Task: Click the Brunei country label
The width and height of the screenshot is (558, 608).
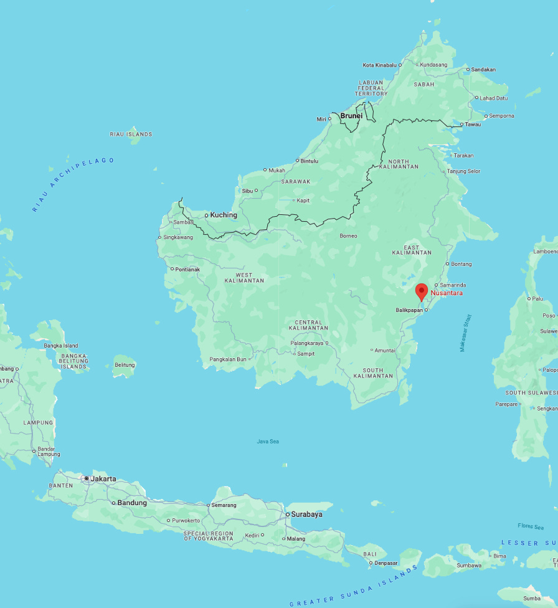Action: coord(351,115)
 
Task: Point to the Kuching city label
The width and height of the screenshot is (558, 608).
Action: coord(224,215)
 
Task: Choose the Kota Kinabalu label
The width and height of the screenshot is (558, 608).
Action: coord(379,65)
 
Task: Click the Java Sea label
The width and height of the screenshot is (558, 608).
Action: coord(268,442)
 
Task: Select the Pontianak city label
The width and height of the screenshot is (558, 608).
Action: coord(187,269)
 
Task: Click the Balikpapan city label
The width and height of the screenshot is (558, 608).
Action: coord(409,310)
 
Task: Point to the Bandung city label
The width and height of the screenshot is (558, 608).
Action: coord(132,503)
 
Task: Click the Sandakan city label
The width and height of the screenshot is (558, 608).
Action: coord(483,70)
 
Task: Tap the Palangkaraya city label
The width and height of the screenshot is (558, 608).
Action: coord(306,343)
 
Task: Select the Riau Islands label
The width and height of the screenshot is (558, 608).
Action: coord(131,134)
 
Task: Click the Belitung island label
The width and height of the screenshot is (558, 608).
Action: coord(125,365)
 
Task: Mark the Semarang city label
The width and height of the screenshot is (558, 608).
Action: coord(224,505)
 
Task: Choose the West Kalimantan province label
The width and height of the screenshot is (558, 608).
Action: coord(244,278)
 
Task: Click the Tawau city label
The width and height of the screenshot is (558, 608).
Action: coord(473,125)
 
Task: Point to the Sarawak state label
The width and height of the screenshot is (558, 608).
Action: coord(295,181)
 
